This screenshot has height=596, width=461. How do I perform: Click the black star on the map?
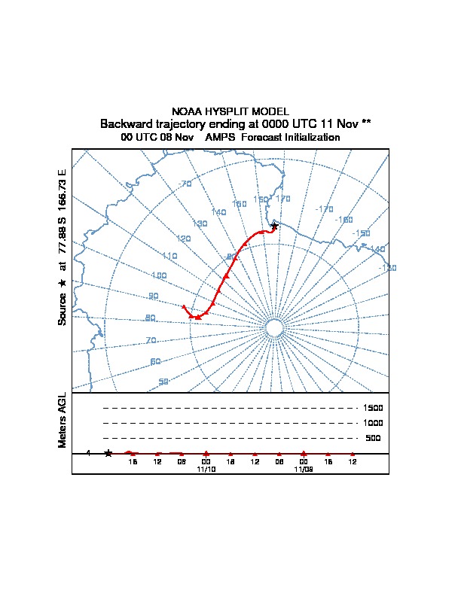point(274,226)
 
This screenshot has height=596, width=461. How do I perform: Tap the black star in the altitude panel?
point(108,453)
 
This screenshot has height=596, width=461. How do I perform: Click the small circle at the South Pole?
point(274,328)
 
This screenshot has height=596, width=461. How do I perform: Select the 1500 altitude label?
point(374,408)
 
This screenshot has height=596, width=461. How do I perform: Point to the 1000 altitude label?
point(374,423)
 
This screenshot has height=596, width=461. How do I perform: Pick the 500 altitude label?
point(373,438)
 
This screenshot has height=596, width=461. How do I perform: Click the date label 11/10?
point(206,469)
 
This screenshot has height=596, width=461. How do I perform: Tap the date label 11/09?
point(303,469)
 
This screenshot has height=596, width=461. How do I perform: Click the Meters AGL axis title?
point(63,420)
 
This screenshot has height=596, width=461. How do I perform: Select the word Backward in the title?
point(126,123)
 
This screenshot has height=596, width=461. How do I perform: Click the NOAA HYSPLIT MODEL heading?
point(230,111)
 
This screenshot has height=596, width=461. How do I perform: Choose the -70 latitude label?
point(185,184)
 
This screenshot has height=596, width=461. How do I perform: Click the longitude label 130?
point(200,223)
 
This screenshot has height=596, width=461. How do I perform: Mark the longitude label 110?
point(169,256)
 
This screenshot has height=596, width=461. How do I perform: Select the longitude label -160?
point(343,220)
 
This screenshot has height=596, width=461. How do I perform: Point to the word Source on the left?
point(63,309)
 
